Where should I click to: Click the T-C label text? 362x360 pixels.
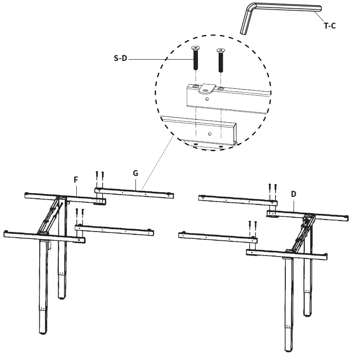[x=329, y=26]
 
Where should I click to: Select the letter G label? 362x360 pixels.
[x=135, y=173]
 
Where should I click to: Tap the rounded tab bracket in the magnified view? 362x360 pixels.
[x=207, y=88]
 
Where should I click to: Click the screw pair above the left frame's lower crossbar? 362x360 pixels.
[x=80, y=214]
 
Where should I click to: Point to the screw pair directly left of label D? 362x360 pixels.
[x=273, y=189]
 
